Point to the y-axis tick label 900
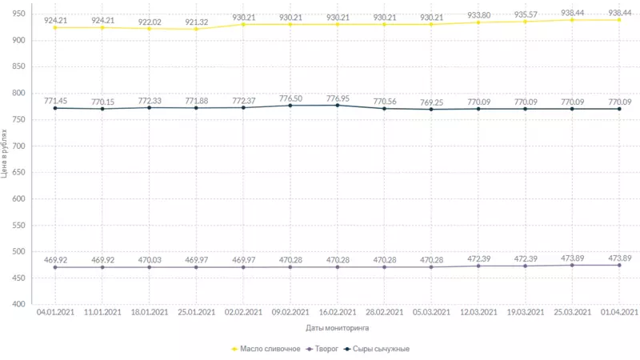tap(17, 41)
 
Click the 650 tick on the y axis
tap(17, 173)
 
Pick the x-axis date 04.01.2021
tap(55, 312)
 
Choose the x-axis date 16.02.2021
tap(338, 312)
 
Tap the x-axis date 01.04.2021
tap(618, 312)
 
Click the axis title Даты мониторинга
tap(337, 328)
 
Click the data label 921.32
tap(196, 20)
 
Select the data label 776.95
tap(338, 98)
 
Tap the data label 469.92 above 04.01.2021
tap(55, 260)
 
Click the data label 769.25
tap(431, 102)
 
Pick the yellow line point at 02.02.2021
tap(243, 25)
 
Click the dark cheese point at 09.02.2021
tap(290, 106)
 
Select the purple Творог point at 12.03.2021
tap(478, 266)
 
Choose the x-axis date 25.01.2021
tap(196, 312)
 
